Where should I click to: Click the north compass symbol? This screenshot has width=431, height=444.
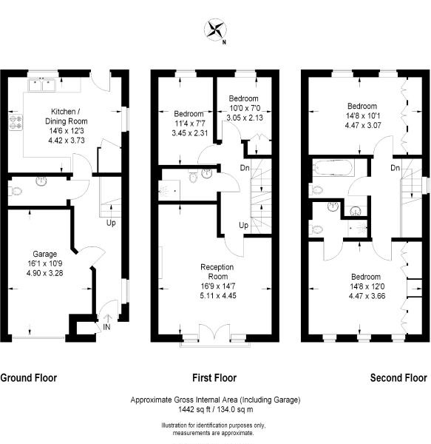[x=215, y=30]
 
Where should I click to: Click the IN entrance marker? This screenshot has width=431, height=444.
[x=106, y=326]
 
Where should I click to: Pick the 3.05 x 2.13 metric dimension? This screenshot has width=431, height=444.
[x=245, y=117]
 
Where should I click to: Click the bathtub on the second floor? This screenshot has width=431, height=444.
[x=333, y=167]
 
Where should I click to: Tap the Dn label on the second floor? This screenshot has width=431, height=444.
[x=396, y=168]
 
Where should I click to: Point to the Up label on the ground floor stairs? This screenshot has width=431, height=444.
[x=111, y=222]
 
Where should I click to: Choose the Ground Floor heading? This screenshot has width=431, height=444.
[x=28, y=377]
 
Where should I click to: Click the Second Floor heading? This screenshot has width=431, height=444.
[x=398, y=377]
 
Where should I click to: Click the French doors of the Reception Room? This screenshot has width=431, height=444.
[x=216, y=338]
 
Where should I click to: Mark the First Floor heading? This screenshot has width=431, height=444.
[x=215, y=377]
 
